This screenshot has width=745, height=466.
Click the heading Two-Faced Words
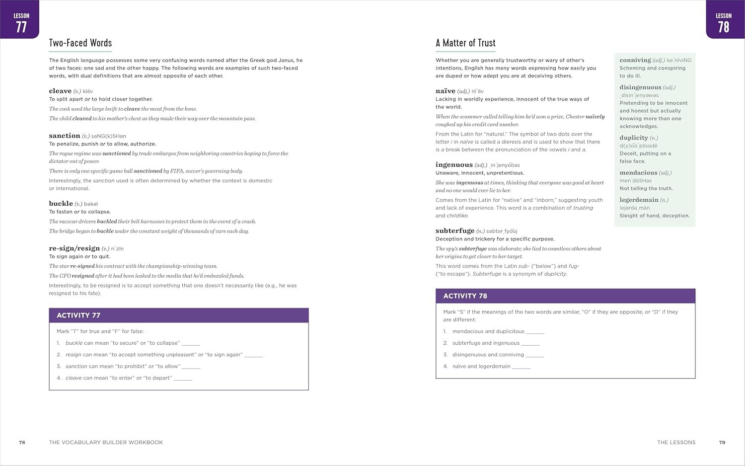pyautogui.click(x=80, y=43)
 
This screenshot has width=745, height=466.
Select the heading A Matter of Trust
pyautogui.click(x=465, y=43)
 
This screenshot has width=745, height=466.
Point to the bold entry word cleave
pyautogui.click(x=60, y=91)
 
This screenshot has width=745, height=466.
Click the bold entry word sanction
pyautogui.click(x=65, y=136)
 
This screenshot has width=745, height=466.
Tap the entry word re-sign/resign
pyautogui.click(x=74, y=248)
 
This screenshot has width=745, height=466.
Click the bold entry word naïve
pyautogui.click(x=446, y=91)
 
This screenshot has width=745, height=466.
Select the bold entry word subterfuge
pyautogui.click(x=455, y=231)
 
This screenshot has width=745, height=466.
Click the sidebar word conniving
pyautogui.click(x=635, y=60)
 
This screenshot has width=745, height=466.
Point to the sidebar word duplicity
pyautogui.click(x=634, y=138)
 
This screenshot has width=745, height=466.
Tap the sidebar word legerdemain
pyautogui.click(x=639, y=200)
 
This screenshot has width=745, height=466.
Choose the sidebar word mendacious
pyautogui.click(x=638, y=173)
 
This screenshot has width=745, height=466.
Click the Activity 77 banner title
pyautogui.click(x=78, y=315)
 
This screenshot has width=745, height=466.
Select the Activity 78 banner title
pyautogui.click(x=465, y=296)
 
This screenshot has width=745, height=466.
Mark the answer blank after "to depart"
pyautogui.click(x=183, y=379)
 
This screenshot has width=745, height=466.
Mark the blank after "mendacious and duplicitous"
pyautogui.click(x=535, y=332)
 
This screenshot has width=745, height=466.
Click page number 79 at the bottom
pyautogui.click(x=722, y=442)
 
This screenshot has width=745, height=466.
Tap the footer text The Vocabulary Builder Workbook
pyautogui.click(x=106, y=442)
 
